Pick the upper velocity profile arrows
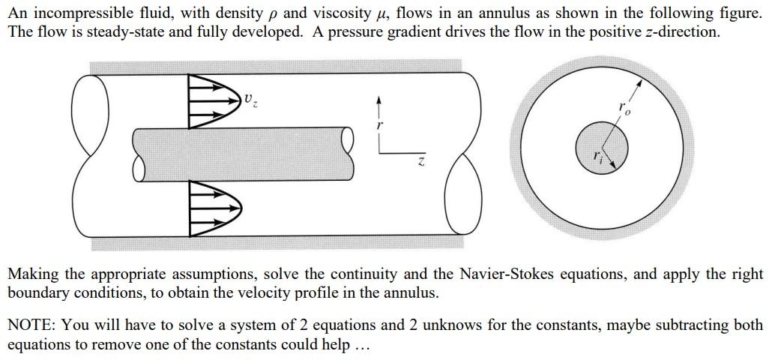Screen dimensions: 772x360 click(x=212, y=102)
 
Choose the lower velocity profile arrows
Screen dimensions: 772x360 click(x=212, y=204)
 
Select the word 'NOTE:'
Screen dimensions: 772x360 click(x=32, y=325)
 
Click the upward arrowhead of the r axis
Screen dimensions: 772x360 click(x=379, y=100)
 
